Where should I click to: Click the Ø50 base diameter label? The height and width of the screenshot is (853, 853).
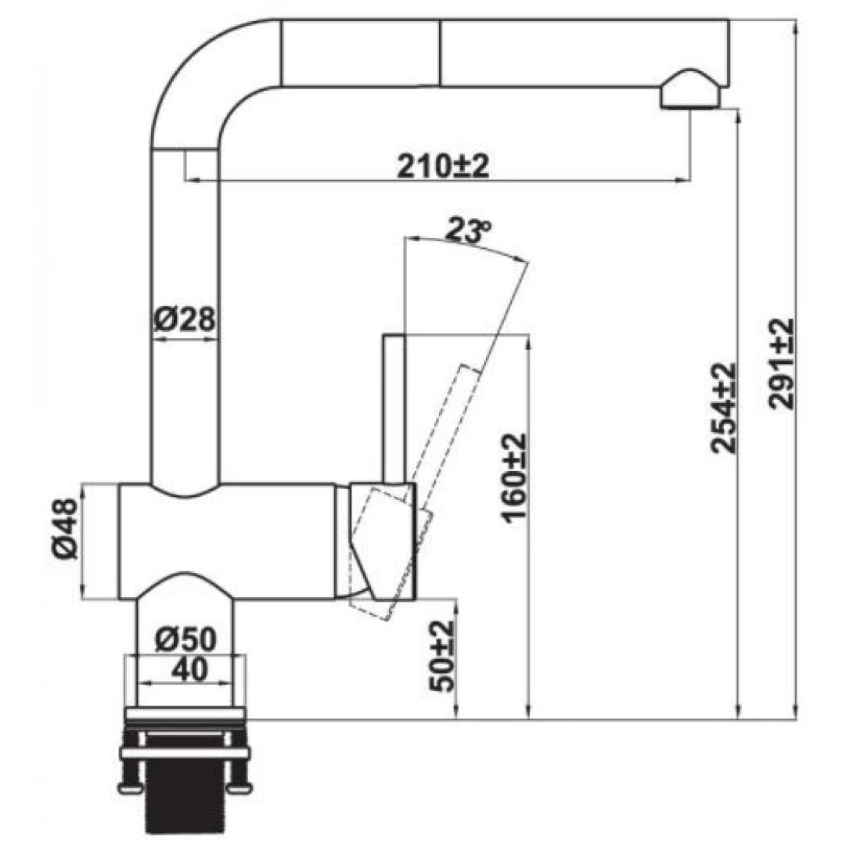185,640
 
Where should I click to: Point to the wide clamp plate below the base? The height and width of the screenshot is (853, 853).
185,754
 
